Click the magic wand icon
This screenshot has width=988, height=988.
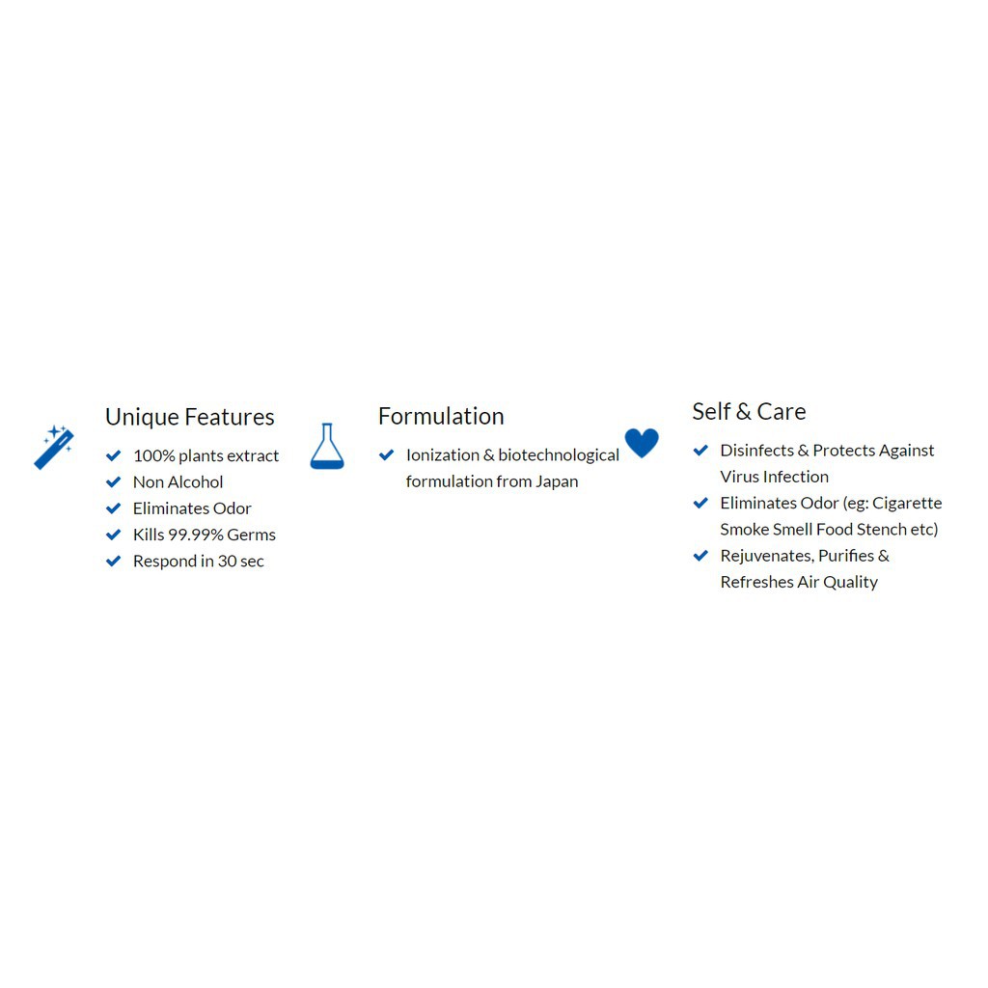point(54,448)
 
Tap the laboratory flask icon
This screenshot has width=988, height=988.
point(327,447)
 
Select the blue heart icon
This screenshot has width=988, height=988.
point(642,443)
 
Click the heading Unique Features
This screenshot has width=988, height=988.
point(190,417)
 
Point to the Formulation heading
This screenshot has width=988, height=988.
point(441,416)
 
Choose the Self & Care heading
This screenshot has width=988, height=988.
point(749,411)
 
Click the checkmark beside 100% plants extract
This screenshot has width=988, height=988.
point(114,455)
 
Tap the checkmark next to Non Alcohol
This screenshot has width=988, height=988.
point(114,481)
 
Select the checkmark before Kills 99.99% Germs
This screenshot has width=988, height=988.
point(114,535)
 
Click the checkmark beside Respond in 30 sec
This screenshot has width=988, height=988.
point(114,561)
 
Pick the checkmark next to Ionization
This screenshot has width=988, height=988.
point(387,454)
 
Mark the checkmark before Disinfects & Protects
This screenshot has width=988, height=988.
point(701,450)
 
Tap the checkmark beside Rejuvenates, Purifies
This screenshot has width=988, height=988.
point(701,556)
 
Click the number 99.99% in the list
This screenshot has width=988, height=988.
point(196,535)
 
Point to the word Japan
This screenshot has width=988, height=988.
point(557,481)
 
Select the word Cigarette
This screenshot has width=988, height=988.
point(907,503)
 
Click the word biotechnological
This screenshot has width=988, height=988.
point(559,455)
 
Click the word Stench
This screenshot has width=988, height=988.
point(884,529)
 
